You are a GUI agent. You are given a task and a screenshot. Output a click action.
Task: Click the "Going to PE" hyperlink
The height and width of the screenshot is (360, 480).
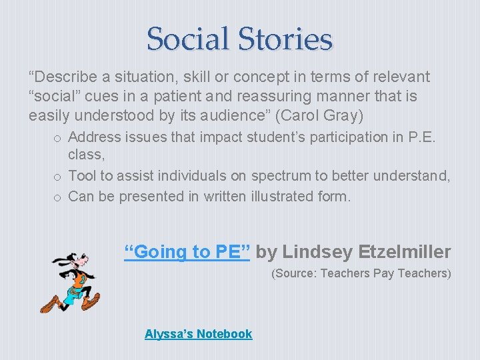(x=188, y=251)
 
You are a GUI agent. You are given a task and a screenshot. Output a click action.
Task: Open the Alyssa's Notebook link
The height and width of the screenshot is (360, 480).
(x=198, y=333)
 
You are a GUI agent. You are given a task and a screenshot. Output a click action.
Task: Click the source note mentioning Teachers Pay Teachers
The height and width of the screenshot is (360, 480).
(x=361, y=273)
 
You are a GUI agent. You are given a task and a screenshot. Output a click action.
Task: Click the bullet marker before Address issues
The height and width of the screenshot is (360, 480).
(x=59, y=138)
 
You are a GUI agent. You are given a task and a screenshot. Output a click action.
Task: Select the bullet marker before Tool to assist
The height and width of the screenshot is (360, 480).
(x=59, y=177)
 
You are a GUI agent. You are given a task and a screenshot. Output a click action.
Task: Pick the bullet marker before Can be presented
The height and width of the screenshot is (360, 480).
(x=59, y=197)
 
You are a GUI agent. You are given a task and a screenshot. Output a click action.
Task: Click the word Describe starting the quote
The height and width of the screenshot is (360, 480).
(x=64, y=77)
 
